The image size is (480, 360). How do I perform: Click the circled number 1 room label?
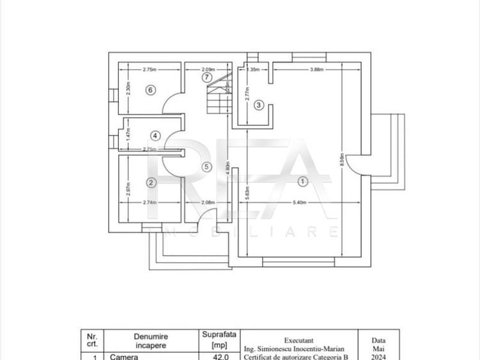coord(303,182)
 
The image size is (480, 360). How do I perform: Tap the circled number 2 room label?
coord(151,182)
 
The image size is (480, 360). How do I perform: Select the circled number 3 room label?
coord(258,105)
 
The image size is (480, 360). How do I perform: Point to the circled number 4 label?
coord(155,136)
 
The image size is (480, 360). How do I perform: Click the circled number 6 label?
coord(150,90)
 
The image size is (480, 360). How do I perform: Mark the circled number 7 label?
coord(206,77)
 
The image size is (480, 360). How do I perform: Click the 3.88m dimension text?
coord(316,69)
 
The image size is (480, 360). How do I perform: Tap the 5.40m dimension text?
coord(299,202)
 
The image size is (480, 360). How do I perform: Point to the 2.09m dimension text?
coord(208,69)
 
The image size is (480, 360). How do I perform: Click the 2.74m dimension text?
coord(150,202)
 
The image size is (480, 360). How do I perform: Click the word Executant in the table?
coord(298,340)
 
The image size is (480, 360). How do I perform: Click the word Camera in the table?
coord(124,357)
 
